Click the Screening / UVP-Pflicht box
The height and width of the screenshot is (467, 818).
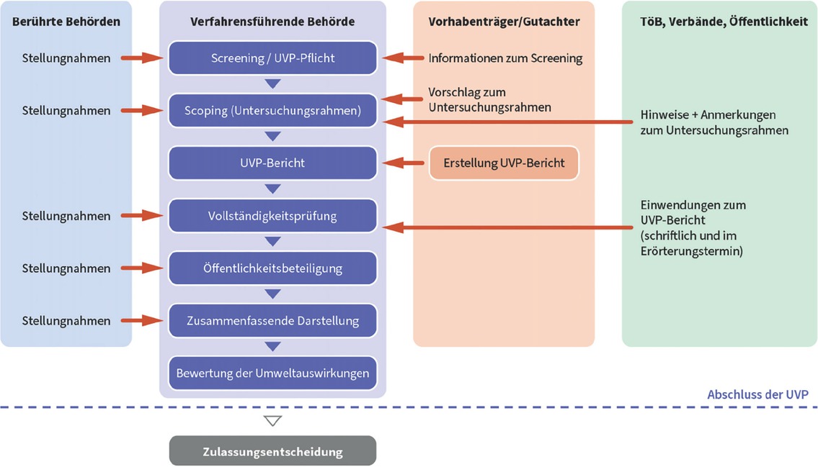click(x=272, y=58)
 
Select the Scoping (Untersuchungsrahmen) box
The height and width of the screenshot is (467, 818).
click(x=272, y=111)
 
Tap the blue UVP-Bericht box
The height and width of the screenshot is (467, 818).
click(x=272, y=163)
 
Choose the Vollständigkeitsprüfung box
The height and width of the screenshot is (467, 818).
click(x=272, y=216)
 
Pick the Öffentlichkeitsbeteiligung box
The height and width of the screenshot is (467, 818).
click(x=272, y=268)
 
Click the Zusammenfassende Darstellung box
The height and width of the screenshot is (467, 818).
click(x=272, y=321)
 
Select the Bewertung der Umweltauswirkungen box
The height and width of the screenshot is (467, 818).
click(x=272, y=373)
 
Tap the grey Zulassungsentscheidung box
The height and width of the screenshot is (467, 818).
click(x=272, y=452)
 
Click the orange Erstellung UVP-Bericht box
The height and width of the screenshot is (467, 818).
click(x=504, y=163)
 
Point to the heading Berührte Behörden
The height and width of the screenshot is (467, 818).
click(x=66, y=22)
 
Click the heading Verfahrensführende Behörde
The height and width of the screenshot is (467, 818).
click(x=272, y=22)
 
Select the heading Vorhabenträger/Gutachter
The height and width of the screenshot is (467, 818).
click(x=504, y=22)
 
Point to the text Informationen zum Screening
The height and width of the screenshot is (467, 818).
click(x=505, y=58)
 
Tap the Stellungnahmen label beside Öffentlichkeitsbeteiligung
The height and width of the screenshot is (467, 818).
click(x=66, y=268)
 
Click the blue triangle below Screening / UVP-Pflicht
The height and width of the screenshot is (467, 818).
click(x=272, y=84)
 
